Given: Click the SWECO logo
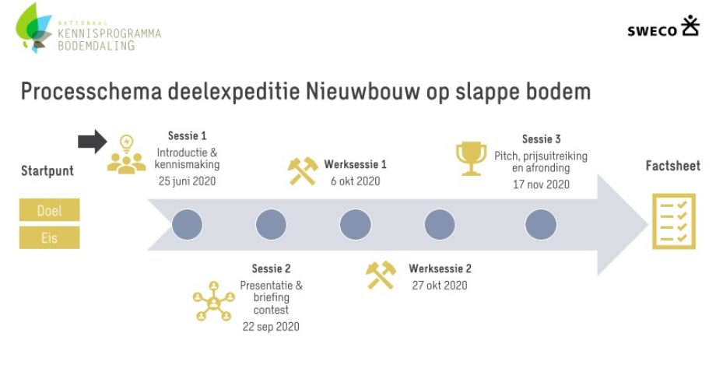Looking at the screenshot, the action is coord(663,26).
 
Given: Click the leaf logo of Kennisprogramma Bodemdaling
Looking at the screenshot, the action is coord(33,27).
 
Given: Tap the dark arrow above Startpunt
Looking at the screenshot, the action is coord(93,142).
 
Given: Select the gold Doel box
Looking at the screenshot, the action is coord(49,210).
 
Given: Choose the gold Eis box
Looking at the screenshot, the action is coord(49,237).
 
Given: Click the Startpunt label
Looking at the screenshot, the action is coord(47,171).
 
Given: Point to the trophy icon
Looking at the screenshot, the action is coord(472,158).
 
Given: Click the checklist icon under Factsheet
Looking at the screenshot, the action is coord(673,221).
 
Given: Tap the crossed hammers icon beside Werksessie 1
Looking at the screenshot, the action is coord(303,171).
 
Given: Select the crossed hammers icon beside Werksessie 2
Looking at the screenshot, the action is coord(381,275).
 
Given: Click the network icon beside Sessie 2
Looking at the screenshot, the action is coord(214,301).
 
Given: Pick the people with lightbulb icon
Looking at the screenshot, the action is coord(127,154).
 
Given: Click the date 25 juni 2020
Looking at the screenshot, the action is coord(188,181).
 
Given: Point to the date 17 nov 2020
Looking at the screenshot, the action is coord(541,184).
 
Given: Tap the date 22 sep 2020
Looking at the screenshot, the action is coord(271,327).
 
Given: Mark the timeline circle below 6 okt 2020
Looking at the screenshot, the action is coord(355,224).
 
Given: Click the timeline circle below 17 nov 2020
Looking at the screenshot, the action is coord(541,224).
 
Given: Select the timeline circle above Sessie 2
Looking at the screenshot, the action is coord(271,224).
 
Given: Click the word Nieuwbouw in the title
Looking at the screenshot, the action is coord(363,91).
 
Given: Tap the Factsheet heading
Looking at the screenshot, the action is coord(673,166).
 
